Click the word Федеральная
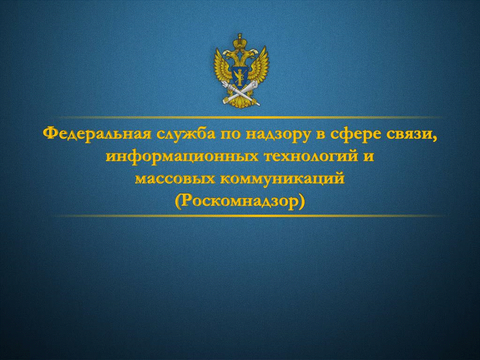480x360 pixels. click(97, 134)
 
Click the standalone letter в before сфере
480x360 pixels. click(321, 135)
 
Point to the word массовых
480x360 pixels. click(175, 179)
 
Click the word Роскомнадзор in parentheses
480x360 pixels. click(240, 201)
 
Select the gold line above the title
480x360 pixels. click(249, 117)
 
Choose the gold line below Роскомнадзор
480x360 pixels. click(249, 216)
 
